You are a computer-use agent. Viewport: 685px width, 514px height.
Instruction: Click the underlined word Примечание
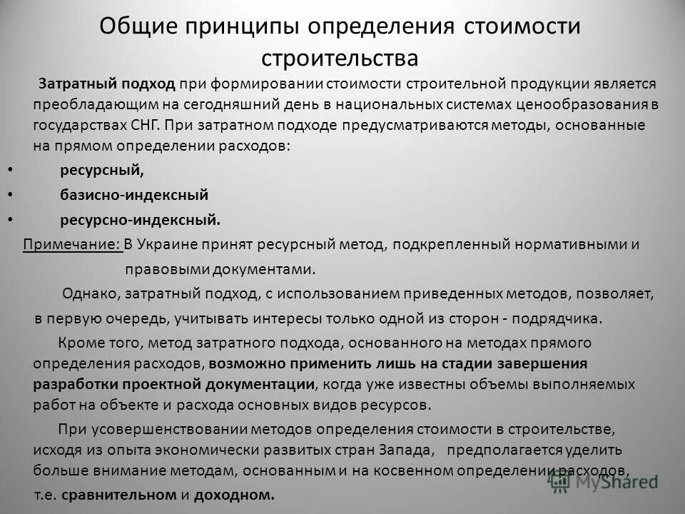71,246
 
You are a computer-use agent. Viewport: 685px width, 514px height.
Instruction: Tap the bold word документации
260,384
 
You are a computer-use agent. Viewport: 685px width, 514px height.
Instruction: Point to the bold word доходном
241,495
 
